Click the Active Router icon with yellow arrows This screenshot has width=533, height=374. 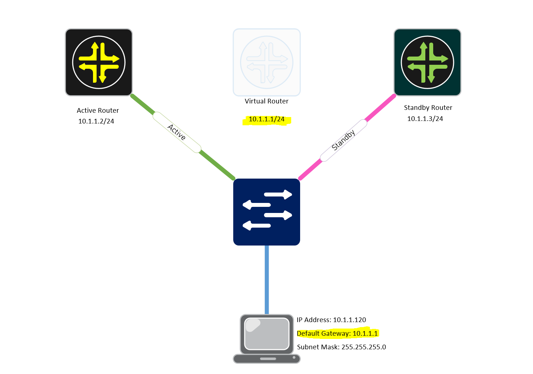coord(99,62)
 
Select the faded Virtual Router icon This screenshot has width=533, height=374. coord(266,62)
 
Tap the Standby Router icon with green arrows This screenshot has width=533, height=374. coord(427,62)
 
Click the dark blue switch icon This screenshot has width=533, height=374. coord(266,212)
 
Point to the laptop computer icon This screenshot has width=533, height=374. coord(266,339)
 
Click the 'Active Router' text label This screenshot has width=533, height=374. coord(98,111)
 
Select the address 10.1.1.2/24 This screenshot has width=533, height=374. coord(96,121)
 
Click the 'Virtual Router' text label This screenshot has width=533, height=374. coord(266,101)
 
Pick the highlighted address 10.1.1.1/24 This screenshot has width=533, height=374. coord(266,120)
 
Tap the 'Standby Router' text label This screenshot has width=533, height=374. coord(428,108)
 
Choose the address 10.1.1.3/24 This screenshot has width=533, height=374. coord(425,119)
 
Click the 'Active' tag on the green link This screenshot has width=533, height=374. coord(177,132)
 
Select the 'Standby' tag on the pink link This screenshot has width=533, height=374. coord(343,140)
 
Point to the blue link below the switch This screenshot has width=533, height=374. coord(266,279)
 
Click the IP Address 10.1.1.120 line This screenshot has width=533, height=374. coord(331,320)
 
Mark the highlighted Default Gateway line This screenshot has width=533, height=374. coord(337,334)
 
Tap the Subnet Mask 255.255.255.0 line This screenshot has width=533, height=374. coord(341,347)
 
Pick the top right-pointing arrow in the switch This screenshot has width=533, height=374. coord(278,195)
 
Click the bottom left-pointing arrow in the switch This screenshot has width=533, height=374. coord(256,225)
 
